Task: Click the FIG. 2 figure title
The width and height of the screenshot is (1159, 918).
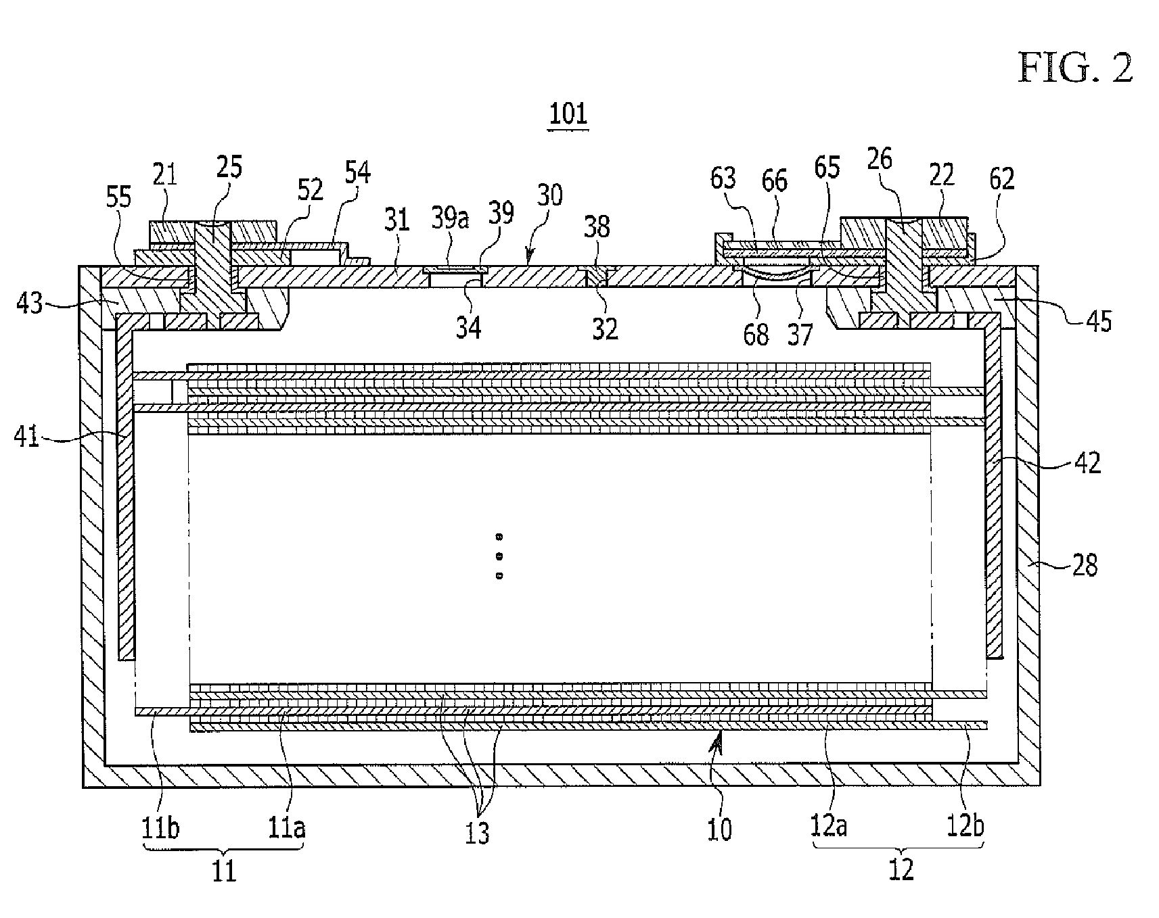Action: [x=1075, y=69]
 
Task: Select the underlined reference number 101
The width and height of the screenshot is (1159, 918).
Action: [x=568, y=114]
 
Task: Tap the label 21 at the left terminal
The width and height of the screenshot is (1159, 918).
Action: [x=164, y=176]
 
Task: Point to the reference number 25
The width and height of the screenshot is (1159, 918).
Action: [x=229, y=166]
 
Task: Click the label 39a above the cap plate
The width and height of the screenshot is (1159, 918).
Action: [x=450, y=219]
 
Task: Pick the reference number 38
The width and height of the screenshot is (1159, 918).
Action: [x=597, y=226]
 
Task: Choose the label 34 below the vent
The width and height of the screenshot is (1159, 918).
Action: [x=468, y=327]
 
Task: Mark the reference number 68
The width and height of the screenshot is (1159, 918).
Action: [x=756, y=334]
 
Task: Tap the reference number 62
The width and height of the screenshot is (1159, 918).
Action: [x=1001, y=179]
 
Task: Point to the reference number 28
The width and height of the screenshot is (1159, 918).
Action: [x=1085, y=564]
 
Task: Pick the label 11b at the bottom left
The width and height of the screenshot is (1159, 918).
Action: [x=160, y=827]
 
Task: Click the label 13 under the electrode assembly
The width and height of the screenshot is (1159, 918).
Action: [x=477, y=833]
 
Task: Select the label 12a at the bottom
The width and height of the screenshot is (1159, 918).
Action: [x=829, y=825]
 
